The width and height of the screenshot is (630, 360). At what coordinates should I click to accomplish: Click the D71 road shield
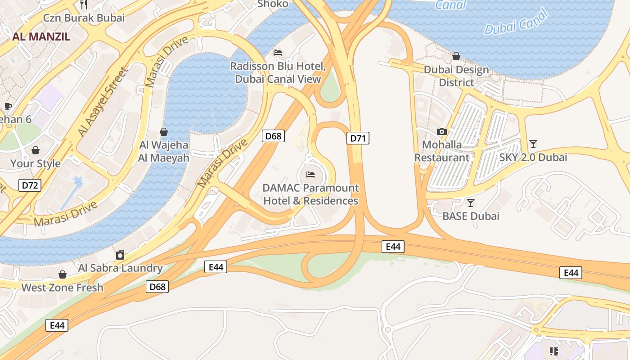point(358,138)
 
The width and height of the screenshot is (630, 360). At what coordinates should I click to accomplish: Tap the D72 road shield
point(30,185)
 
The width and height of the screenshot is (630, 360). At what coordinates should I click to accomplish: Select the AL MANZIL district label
point(41,37)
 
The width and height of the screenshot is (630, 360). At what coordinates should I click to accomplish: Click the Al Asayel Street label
point(103,102)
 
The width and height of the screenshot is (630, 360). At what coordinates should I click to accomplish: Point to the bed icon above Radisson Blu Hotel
point(278,53)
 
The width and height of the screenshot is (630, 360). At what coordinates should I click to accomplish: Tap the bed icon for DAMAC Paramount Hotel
point(310,174)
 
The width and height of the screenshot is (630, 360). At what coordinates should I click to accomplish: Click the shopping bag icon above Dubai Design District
point(456,56)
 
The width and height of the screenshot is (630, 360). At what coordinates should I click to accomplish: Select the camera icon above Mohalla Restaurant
point(442,131)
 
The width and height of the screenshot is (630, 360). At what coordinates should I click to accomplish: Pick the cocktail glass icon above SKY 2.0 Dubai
point(533,144)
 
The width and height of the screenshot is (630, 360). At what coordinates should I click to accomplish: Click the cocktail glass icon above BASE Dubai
point(471,202)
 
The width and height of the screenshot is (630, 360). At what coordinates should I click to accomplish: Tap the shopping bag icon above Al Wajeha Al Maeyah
point(164,132)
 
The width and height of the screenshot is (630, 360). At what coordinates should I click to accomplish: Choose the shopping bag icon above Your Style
point(36,150)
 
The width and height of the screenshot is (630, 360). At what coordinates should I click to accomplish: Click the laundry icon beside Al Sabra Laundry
point(120,255)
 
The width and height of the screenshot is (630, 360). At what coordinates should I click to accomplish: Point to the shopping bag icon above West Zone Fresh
point(63,274)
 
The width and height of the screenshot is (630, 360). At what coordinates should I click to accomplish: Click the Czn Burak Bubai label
point(84,18)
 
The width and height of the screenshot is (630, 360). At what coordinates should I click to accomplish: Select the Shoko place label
point(273,4)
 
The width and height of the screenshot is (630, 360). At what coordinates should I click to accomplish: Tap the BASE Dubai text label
point(471,216)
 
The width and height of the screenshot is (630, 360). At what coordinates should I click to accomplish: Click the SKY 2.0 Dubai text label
point(533,157)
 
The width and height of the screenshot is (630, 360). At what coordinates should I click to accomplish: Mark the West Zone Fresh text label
point(63,288)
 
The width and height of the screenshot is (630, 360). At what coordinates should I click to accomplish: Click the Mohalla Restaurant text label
point(442,151)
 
